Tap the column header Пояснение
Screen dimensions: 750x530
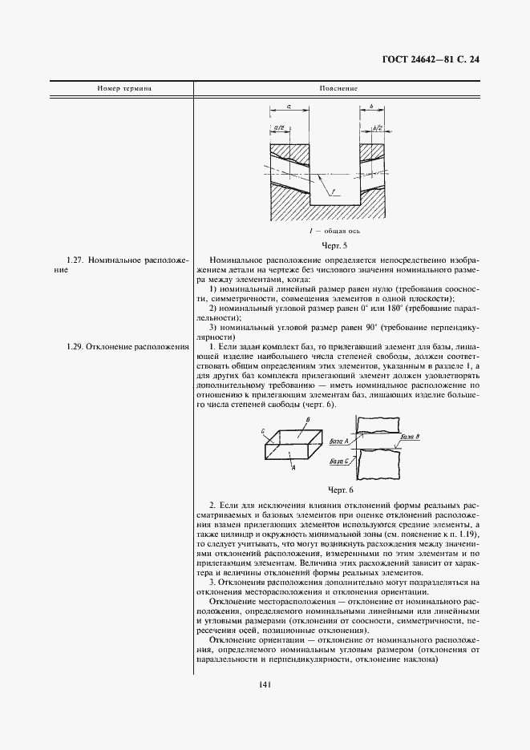point(338,88)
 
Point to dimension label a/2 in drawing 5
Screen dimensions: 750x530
point(279,127)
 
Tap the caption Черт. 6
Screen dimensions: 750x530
point(340,489)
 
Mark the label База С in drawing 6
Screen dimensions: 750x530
point(339,462)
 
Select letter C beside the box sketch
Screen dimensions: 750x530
point(262,431)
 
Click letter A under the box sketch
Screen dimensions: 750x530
point(294,466)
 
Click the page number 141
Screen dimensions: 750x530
point(265,683)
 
